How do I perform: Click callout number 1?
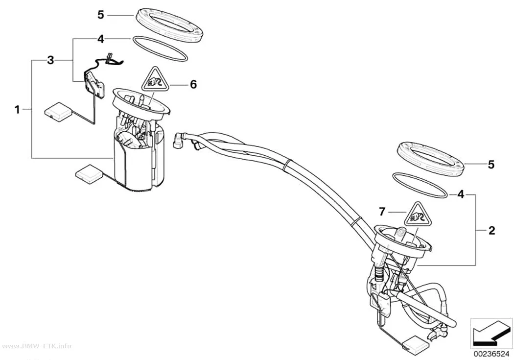coord(17,109)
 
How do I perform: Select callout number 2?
coord(491,231)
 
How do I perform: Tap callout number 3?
coord(50,60)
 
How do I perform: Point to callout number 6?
coord(193,85)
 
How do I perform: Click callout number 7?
coord(381,212)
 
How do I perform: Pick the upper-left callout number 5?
coord(101,15)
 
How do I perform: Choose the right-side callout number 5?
coord(491,165)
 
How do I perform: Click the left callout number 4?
coord(101,39)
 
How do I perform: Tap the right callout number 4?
coord(461,194)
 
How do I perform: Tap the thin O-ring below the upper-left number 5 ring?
coord(160,49)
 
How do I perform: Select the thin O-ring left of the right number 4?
coord(420,186)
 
